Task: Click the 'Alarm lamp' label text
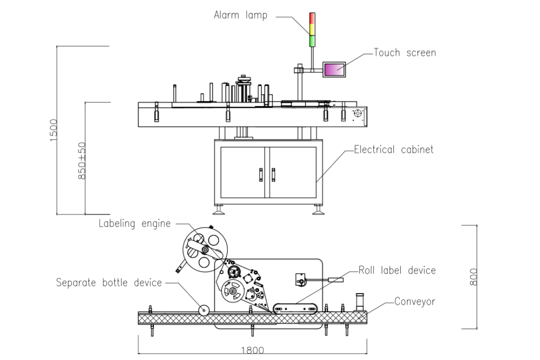pos(240,15)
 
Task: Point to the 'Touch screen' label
pos(404,53)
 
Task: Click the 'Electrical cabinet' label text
pos(393,150)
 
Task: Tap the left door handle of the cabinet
pos(261,174)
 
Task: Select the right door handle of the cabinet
pos(273,174)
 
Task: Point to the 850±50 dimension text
pos(82,161)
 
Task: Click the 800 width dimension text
pos(474,277)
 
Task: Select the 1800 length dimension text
pos(252,351)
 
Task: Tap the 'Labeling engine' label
pos(134,223)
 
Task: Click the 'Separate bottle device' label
pos(109,283)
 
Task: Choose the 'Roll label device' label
pos(397,270)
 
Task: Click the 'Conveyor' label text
pos(414,301)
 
